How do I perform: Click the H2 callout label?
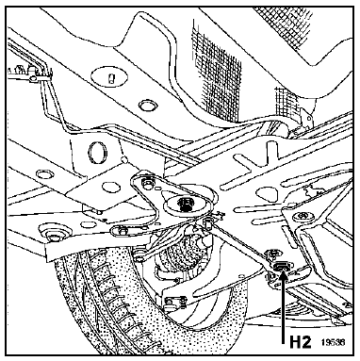300,341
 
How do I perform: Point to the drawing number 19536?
333,341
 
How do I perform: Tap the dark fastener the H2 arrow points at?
280,267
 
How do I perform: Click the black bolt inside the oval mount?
185,204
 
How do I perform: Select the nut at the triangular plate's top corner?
147,183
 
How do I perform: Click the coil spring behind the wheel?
183,252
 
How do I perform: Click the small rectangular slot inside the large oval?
111,78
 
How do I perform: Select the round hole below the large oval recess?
147,105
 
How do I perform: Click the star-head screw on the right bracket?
302,217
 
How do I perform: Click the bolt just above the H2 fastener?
272,253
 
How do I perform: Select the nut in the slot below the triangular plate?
121,232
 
